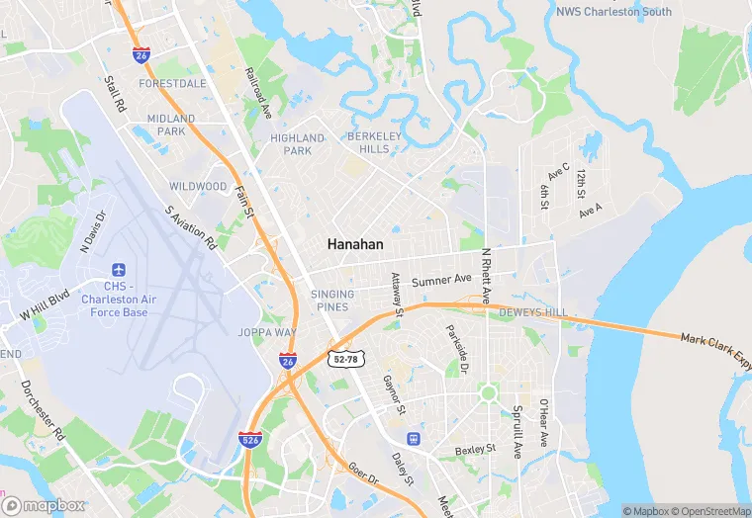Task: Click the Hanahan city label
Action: point(355,243)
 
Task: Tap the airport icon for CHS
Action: point(119,270)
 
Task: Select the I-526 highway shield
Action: point(250,437)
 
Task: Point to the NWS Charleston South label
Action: point(613,12)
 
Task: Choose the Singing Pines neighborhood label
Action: point(332,301)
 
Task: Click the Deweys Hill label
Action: point(532,312)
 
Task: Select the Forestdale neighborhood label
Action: point(172,84)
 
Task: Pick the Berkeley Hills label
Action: point(368,142)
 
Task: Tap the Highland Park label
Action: point(297,144)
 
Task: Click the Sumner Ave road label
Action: point(441,281)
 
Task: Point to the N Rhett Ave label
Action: point(486,275)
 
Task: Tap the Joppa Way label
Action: point(267,332)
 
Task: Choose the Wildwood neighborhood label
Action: point(198,186)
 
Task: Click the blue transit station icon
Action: point(413,438)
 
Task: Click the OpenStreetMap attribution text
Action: point(711,511)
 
